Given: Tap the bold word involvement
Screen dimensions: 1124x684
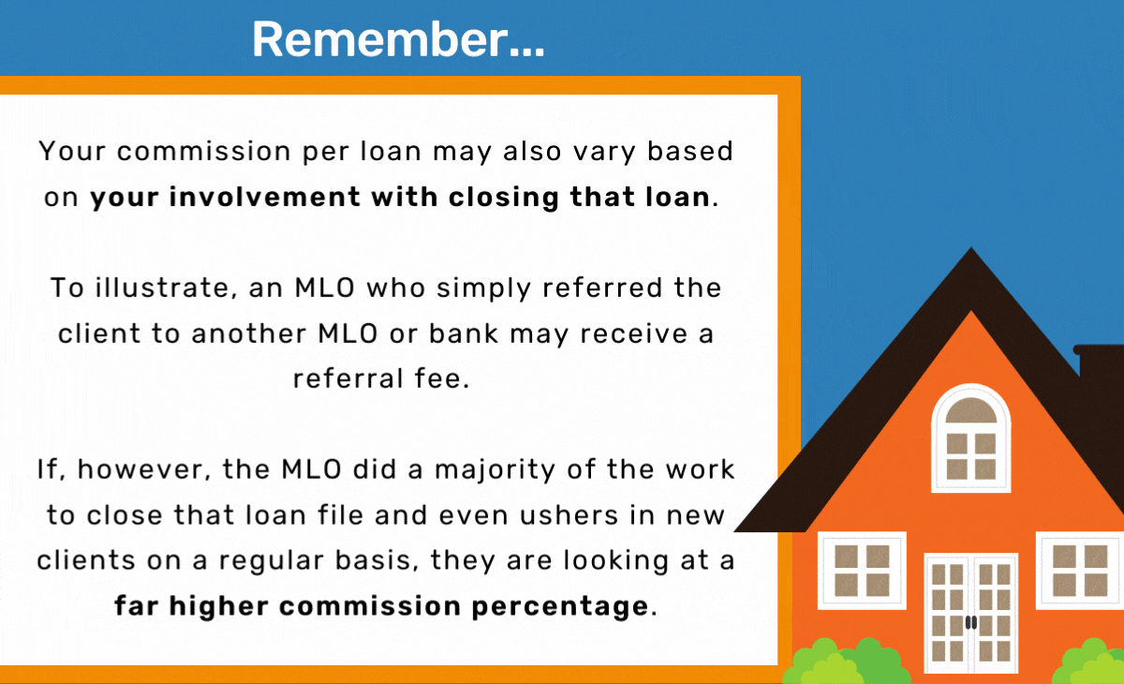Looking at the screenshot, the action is [264, 196].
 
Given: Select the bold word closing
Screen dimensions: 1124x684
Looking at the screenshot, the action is [504, 197].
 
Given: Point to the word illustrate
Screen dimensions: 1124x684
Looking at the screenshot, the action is [166, 288].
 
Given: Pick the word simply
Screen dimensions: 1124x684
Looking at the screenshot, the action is [483, 289].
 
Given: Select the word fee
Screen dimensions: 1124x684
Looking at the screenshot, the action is [441, 379].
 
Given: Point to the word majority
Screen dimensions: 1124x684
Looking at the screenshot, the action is [495, 470].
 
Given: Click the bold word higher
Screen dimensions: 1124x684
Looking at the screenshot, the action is [218, 606].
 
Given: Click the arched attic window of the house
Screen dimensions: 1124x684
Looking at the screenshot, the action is [971, 439].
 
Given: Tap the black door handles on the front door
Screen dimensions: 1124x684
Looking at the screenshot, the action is [971, 622].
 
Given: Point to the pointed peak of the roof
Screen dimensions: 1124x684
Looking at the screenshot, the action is [971, 248].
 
